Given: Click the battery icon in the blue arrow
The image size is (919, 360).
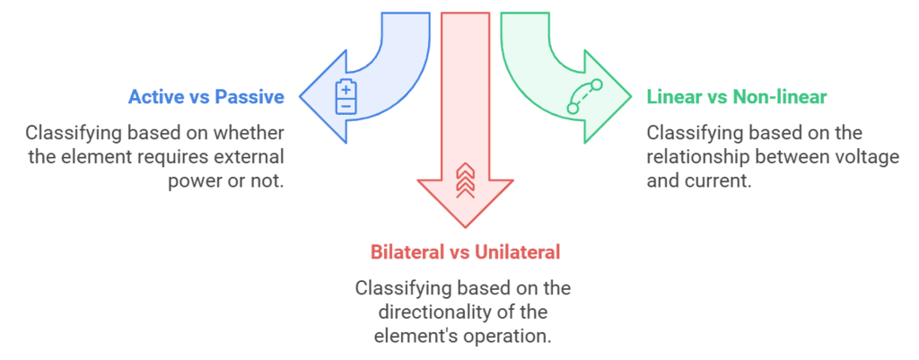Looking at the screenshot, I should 346,97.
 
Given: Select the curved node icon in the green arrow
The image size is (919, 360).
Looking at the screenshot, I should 584,97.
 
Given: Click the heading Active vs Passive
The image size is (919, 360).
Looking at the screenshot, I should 206,97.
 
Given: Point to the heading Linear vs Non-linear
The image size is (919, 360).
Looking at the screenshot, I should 737,96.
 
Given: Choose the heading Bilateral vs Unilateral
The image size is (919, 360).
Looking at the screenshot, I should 465,252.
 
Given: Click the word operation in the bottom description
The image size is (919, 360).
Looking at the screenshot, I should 509,337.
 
